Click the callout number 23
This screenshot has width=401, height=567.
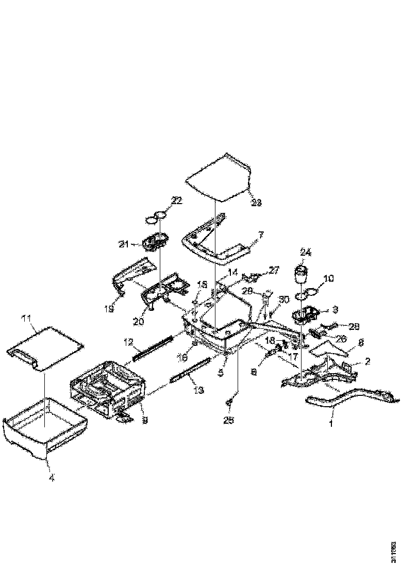pos(256,203)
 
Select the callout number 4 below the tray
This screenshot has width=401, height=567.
pos(51,477)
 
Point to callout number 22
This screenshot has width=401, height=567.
pos(176,202)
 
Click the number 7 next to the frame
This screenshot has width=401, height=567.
pos(261,235)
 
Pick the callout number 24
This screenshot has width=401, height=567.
pos(306,253)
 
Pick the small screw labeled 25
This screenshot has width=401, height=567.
pos(230,402)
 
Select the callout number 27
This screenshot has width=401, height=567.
pos(274,270)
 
